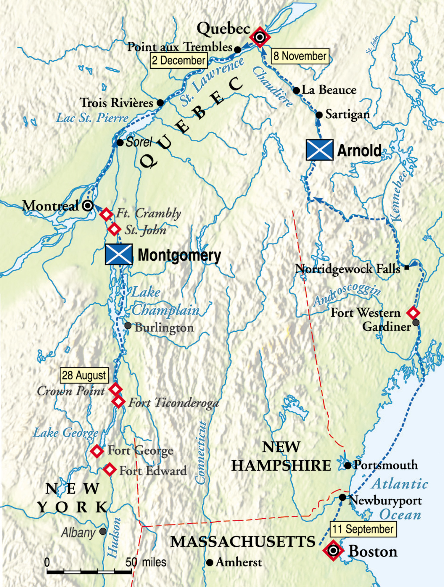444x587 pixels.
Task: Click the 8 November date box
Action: click(300, 56)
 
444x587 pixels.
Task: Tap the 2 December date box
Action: click(178, 60)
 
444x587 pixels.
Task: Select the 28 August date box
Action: click(84, 375)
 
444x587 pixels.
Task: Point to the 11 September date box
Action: click(363, 529)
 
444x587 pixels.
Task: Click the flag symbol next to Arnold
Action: click(320, 150)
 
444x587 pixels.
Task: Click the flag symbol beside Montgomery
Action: click(119, 254)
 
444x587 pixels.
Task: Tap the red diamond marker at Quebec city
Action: click(260, 37)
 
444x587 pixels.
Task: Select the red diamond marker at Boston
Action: click(333, 551)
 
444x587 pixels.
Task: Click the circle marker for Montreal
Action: click(88, 205)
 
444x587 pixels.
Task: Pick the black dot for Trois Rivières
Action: click(160, 103)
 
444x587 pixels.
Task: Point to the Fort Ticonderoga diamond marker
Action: click(118, 401)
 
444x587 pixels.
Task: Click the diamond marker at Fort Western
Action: click(413, 312)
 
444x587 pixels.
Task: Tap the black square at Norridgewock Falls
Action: click(407, 268)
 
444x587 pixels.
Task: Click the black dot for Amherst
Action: click(210, 562)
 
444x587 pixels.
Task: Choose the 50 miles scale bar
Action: click(89, 572)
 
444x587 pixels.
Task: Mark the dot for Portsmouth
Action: click(348, 465)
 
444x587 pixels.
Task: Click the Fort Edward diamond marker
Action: click(110, 469)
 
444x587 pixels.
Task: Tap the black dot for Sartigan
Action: click(319, 115)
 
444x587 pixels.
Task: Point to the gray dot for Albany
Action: click(103, 531)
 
